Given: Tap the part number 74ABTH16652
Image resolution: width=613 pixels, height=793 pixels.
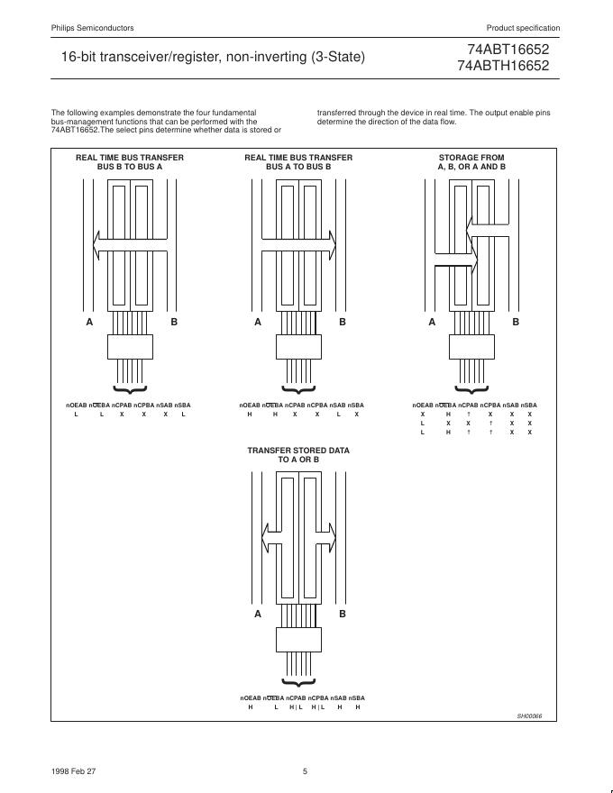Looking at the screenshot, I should (x=509, y=66).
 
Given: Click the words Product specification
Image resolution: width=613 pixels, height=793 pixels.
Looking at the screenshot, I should (x=523, y=28).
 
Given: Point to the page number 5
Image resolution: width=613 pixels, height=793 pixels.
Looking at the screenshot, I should (x=305, y=770).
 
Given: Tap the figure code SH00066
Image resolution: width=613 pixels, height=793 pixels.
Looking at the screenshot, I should (x=531, y=716).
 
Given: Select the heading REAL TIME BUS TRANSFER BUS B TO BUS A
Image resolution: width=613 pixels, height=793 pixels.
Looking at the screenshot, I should (x=129, y=162).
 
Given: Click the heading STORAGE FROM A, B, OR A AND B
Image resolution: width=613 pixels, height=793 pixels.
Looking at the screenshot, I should (x=471, y=162).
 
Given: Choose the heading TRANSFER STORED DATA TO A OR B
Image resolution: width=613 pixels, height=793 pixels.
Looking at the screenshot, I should (x=298, y=454).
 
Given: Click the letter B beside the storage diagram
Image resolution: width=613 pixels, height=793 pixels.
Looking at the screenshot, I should (x=516, y=322).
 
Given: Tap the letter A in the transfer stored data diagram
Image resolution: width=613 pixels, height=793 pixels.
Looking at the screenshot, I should (x=258, y=614).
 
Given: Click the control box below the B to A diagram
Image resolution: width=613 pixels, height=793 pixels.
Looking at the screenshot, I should (x=131, y=347).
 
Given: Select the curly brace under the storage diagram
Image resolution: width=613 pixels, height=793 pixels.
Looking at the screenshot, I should (x=471, y=390).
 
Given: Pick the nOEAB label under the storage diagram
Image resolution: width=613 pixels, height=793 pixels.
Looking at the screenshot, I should (x=422, y=406).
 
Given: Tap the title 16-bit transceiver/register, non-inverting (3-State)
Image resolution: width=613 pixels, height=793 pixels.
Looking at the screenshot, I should (x=213, y=57).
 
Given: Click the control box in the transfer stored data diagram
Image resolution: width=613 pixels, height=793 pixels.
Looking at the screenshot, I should (x=298, y=639).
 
